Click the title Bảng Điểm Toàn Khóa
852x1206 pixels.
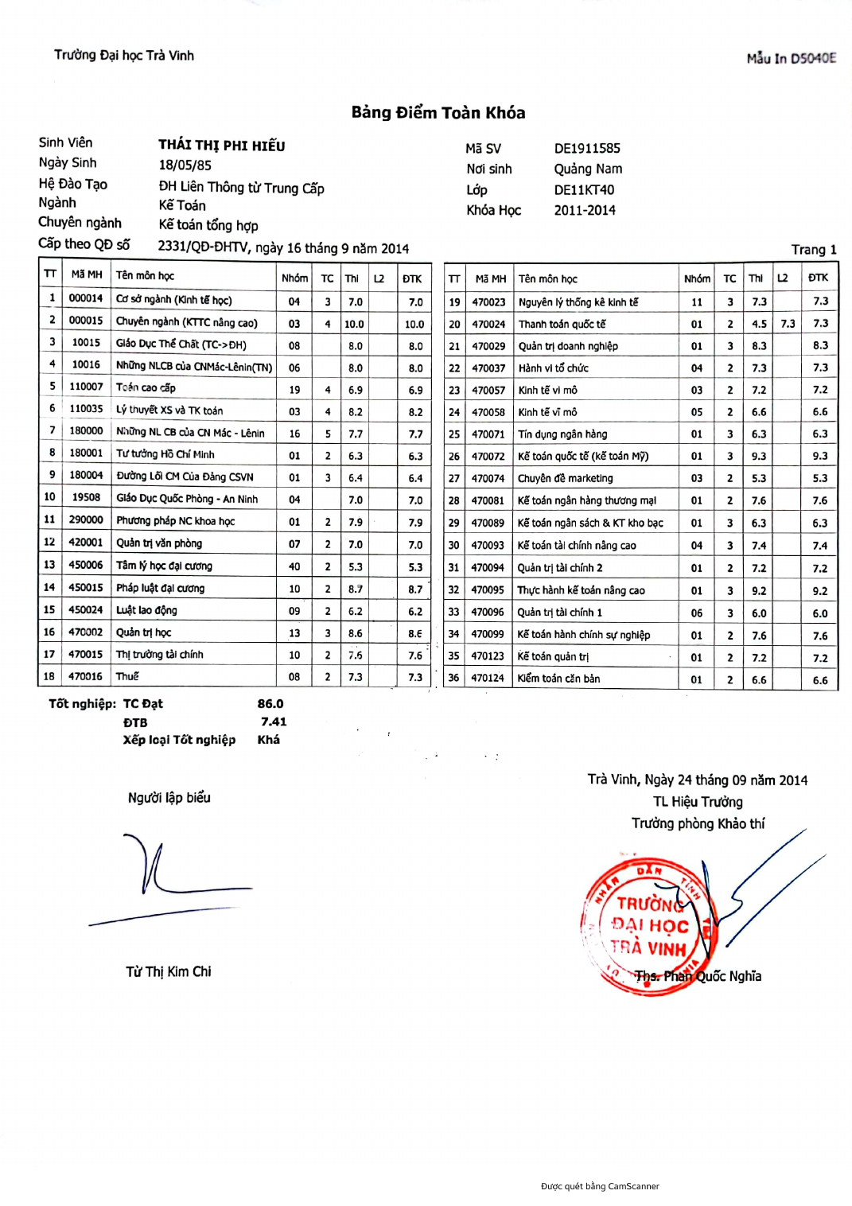tap(438, 113)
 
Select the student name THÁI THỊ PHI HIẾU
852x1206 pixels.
tap(221, 146)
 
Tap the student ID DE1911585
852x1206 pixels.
tap(587, 149)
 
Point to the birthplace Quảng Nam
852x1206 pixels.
tap(588, 169)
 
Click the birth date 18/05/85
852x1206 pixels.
tap(185, 165)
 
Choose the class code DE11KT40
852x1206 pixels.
tap(584, 190)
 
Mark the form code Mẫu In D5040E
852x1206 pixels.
tap(791, 58)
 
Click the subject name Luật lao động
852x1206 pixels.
tap(146, 610)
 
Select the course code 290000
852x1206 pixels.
tap(86, 520)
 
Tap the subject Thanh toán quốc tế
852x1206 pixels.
tap(562, 325)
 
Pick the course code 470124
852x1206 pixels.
tap(488, 679)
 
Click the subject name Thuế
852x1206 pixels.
tap(127, 676)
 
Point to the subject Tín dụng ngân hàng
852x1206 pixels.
tap(562, 434)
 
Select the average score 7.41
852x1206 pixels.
tap(273, 722)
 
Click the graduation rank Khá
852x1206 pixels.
tap(268, 740)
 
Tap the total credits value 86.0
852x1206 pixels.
tap(270, 704)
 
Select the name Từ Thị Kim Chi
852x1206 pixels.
tap(169, 971)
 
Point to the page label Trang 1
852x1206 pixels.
tap(813, 250)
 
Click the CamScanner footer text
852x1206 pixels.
tap(600, 1186)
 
